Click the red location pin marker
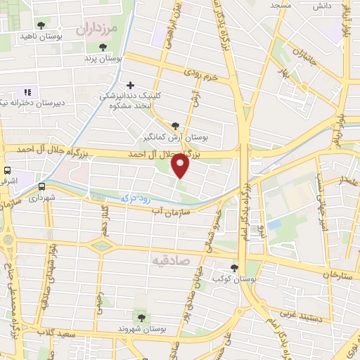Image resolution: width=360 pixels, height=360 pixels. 181,165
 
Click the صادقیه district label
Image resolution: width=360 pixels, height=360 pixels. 169,259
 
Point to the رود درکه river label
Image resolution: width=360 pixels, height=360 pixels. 136,200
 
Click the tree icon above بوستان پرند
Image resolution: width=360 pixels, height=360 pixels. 103,46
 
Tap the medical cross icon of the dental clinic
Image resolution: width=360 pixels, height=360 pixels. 131,85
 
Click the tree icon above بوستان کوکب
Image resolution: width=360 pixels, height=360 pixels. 233,267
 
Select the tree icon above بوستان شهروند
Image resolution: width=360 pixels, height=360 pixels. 146,318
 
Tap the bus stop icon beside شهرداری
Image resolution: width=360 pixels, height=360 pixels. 42,186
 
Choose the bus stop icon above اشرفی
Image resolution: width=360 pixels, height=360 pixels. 7,170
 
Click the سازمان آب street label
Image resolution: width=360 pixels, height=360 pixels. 165,211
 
